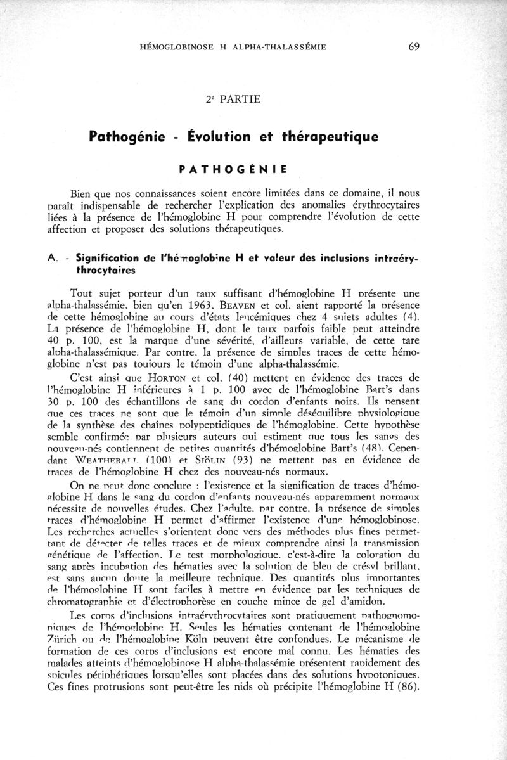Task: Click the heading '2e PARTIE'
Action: [x=233, y=99]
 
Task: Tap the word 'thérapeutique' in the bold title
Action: [x=339, y=136]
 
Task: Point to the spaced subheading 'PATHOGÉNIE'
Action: [x=232, y=169]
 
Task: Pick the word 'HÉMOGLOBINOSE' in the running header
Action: [x=173, y=47]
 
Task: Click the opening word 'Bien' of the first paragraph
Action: [x=82, y=194]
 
